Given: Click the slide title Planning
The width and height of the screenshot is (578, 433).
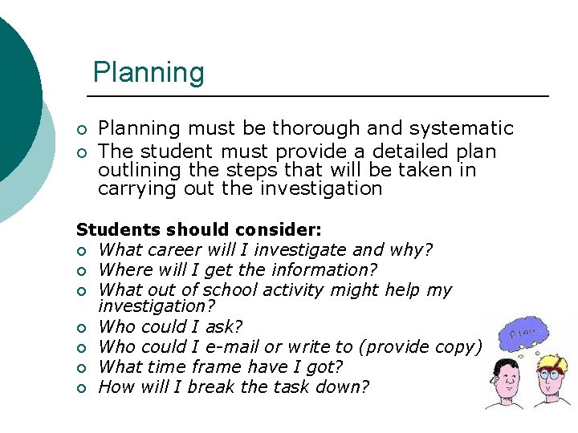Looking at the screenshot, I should tap(149, 72).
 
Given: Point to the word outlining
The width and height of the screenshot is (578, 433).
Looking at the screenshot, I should tap(137, 170).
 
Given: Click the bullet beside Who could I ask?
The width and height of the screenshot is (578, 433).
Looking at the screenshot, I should tap(80, 328).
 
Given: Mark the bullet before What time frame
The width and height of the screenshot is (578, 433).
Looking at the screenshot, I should tap(80, 368).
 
